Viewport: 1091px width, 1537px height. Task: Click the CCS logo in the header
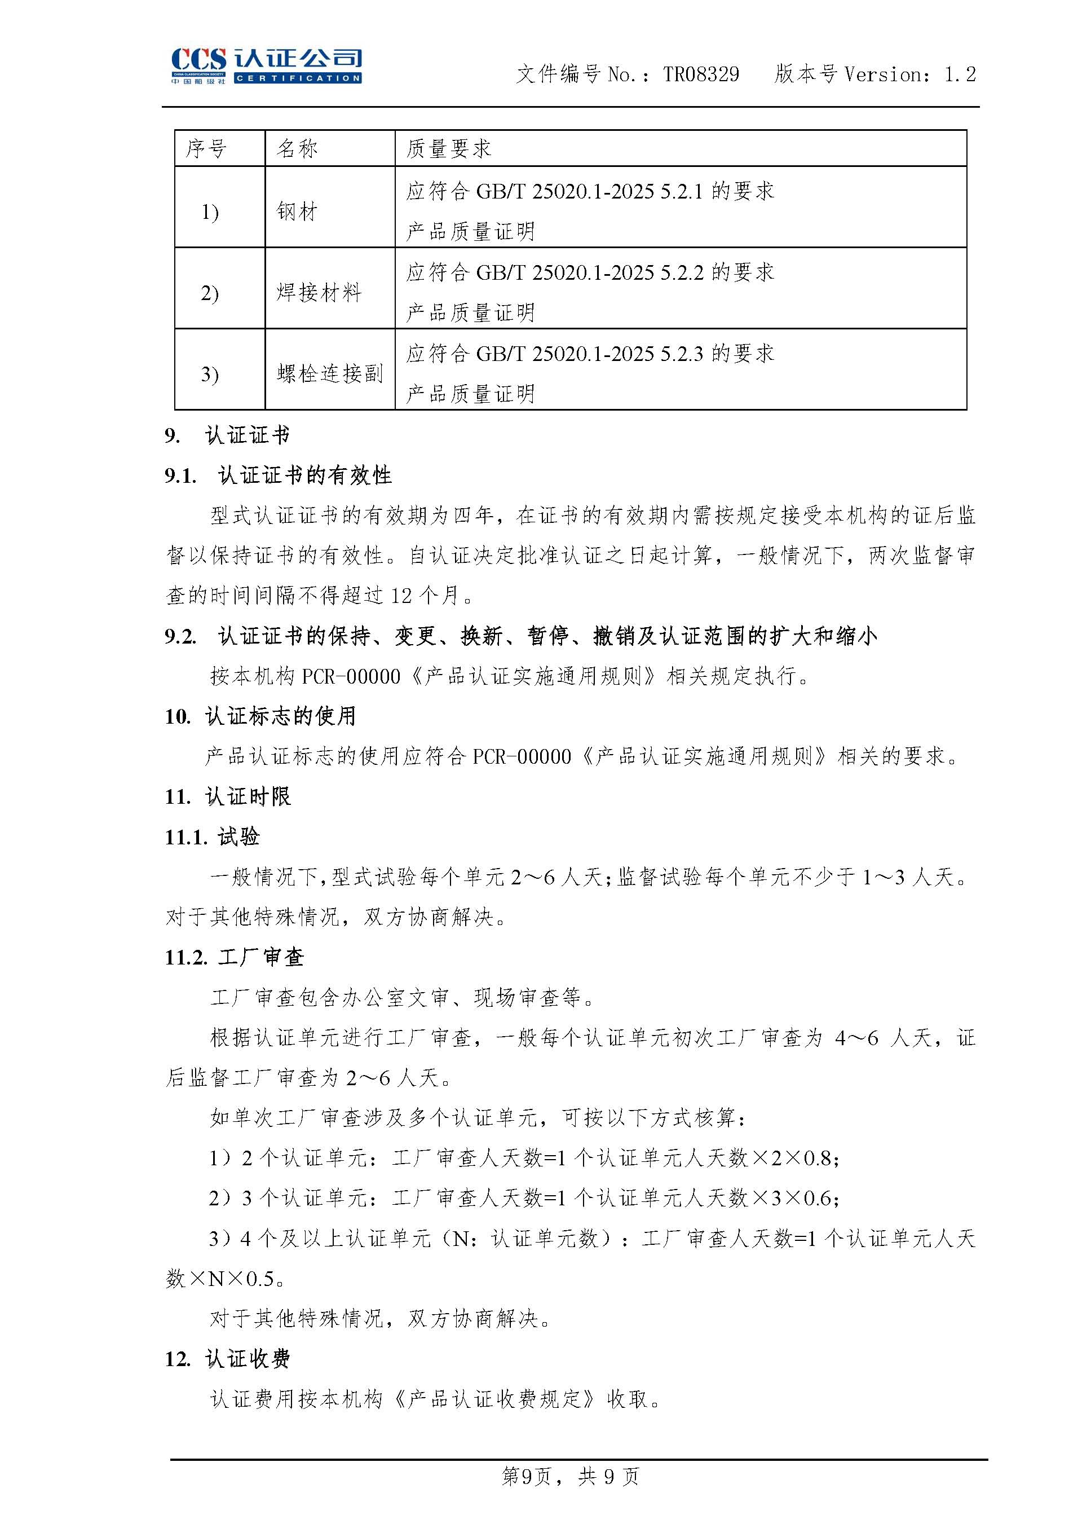coord(266,65)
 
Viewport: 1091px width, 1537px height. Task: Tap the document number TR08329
coord(701,74)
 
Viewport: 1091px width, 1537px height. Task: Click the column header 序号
coord(206,148)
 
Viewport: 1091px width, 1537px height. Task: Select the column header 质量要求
coord(449,148)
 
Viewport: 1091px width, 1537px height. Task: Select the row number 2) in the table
coord(210,293)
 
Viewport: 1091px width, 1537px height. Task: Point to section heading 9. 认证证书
coord(227,435)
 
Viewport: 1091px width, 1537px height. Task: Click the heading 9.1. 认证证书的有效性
coord(278,476)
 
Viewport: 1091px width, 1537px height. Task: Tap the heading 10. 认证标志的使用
coord(260,716)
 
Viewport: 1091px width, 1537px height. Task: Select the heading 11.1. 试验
coord(213,836)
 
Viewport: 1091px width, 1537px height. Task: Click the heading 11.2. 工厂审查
coord(235,957)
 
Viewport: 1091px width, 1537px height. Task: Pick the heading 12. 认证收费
coord(228,1359)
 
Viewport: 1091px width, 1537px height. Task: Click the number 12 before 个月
coord(401,596)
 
